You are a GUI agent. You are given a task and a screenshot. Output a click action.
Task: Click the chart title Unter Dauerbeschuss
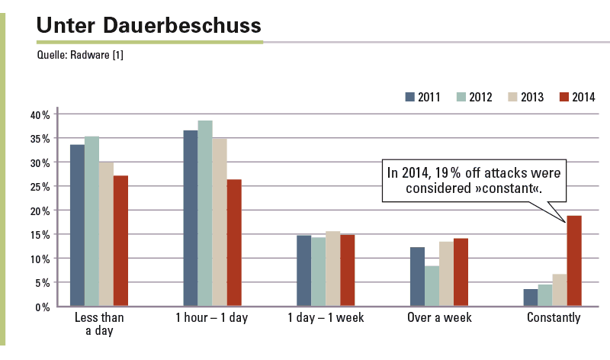point(149,25)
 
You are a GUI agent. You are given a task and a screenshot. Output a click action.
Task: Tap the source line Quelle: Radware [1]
point(80,55)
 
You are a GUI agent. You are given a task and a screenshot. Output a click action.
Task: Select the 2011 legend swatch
point(409,97)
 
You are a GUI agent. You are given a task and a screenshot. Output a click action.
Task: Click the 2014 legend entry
point(577,97)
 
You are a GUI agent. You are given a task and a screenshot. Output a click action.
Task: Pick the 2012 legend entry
point(474,97)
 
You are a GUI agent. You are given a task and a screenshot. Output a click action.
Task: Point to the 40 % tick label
point(40,115)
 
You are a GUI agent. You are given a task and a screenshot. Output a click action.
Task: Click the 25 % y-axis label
point(40,187)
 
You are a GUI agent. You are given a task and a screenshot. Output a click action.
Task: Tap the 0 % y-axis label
point(43,307)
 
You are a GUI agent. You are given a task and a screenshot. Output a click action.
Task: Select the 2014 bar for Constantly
point(574,261)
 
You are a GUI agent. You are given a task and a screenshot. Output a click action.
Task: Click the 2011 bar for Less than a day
point(77,225)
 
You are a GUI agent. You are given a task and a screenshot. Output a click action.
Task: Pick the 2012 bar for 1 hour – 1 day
point(205,214)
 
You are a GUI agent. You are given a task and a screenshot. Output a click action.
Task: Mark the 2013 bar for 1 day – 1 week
point(333,268)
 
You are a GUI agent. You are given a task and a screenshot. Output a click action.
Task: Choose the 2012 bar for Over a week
point(432,286)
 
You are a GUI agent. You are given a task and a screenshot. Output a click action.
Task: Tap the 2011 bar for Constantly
point(531,297)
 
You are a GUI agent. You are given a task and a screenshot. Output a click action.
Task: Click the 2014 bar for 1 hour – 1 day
point(234,243)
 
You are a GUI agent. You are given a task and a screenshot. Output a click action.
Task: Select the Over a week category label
point(439,317)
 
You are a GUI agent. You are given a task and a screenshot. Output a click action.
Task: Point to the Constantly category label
point(554,317)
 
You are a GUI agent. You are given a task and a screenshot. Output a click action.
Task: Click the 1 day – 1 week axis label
point(326,317)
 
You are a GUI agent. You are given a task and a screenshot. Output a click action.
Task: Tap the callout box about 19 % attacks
point(474,181)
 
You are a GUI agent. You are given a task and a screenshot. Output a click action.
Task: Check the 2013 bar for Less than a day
point(106,234)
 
